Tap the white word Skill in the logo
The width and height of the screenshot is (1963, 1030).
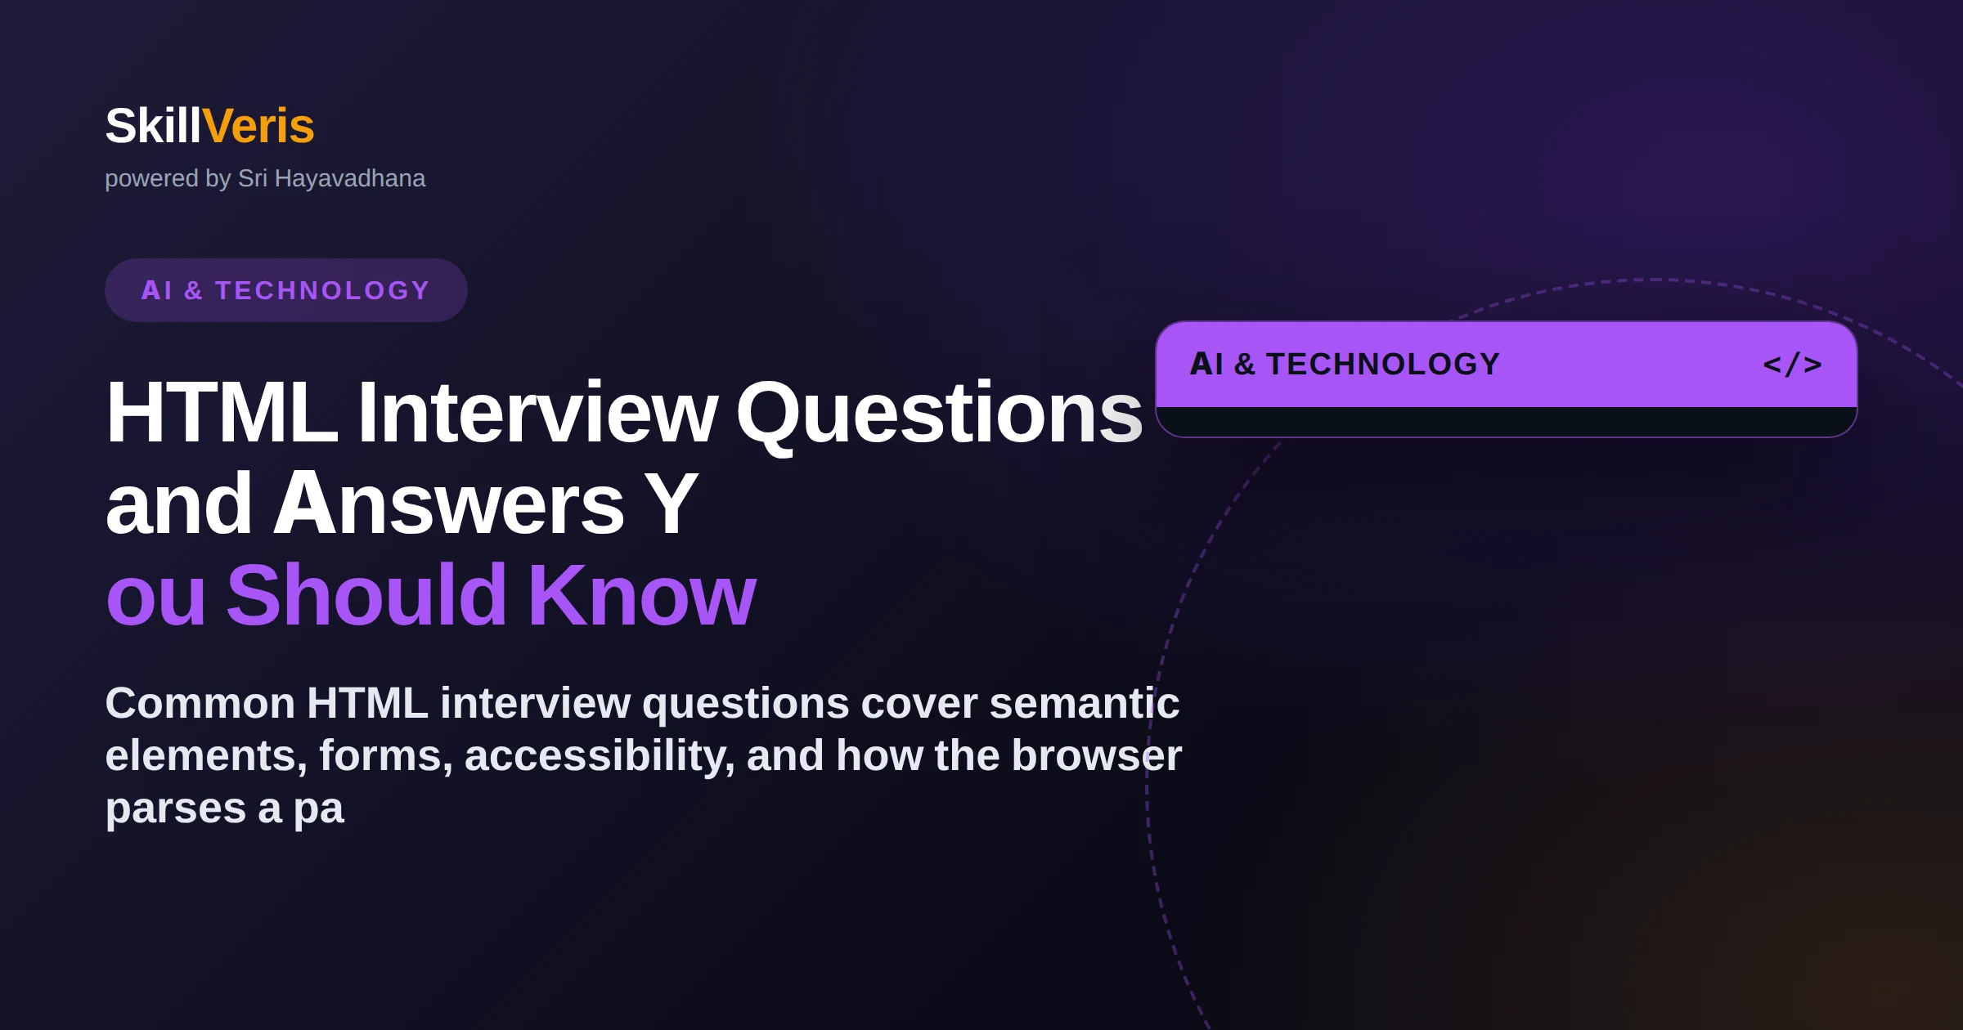pyautogui.click(x=153, y=126)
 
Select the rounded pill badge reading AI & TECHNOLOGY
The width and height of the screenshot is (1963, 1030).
pyautogui.click(x=286, y=290)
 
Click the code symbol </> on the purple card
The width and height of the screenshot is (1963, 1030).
pyautogui.click(x=1792, y=364)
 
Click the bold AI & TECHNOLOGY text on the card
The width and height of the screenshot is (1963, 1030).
pyautogui.click(x=1345, y=364)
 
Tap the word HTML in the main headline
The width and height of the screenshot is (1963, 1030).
pyautogui.click(x=222, y=413)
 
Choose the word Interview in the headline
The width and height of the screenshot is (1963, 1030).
pyautogui.click(x=537, y=413)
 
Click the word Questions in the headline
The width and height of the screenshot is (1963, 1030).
pyautogui.click(x=939, y=415)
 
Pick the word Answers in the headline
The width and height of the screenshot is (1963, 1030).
pyautogui.click(x=448, y=504)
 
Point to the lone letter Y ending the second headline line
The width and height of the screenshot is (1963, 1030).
pyautogui.click(x=671, y=504)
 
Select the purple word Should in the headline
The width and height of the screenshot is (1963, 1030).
pyautogui.click(x=366, y=594)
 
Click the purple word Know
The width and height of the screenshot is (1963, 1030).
pyautogui.click(x=642, y=594)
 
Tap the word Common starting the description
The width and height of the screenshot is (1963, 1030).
pyautogui.click(x=200, y=703)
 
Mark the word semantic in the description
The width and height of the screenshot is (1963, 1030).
pyautogui.click(x=1085, y=703)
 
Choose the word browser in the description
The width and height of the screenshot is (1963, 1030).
pyautogui.click(x=1097, y=755)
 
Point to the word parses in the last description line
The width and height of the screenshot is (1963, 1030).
pyautogui.click(x=176, y=809)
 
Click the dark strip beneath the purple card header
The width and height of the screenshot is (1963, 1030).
pyautogui.click(x=1507, y=421)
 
